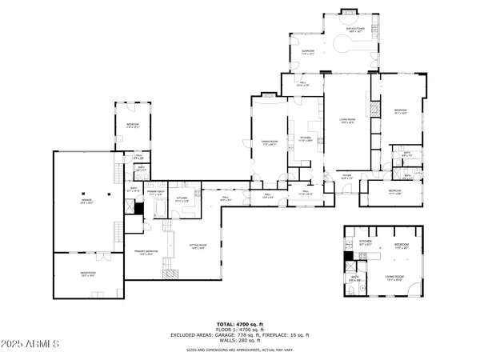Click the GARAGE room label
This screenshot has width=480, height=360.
tap(87, 202)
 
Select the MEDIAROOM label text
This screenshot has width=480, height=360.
tap(87, 274)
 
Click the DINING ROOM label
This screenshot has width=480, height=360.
tap(269, 144)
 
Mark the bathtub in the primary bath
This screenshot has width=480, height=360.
tap(157, 210)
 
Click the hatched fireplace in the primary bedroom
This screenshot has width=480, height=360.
tap(171, 273)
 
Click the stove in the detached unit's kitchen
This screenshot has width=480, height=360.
tap(362, 256)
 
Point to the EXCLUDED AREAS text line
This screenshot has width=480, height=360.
tap(239, 334)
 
